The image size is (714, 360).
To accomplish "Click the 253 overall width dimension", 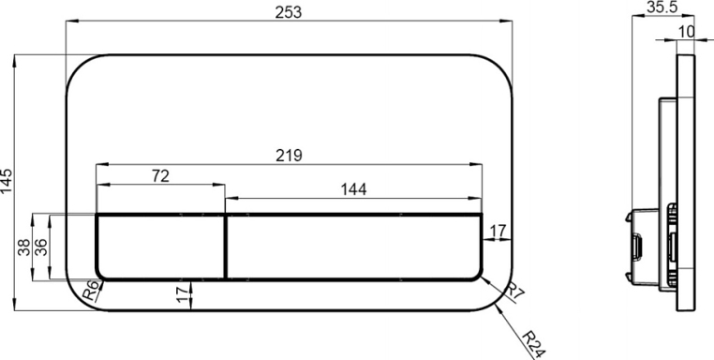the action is coord(289,12).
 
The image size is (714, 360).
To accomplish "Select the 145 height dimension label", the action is coord(7,181).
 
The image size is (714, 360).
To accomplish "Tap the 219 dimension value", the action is coord(289,156).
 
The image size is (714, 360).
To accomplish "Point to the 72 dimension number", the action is coord(160,176).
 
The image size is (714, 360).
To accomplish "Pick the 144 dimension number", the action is coord(353,189).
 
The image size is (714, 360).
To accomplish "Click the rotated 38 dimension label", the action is coord(24,247).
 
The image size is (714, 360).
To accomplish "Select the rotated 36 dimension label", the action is coord(40,247).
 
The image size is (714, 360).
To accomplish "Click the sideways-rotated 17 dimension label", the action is coord(182,294).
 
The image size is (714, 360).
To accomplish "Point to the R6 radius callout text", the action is coord(90,291).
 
